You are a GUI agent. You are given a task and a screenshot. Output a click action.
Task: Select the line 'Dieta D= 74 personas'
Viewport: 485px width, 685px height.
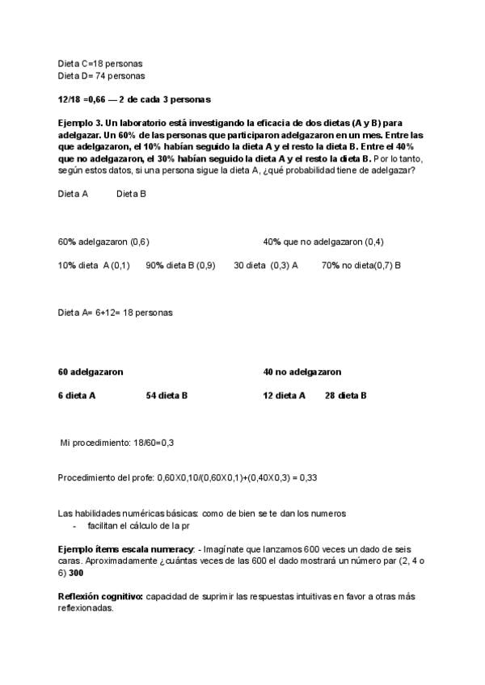102,76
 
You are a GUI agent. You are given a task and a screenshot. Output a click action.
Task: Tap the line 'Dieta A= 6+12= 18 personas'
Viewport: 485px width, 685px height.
116,312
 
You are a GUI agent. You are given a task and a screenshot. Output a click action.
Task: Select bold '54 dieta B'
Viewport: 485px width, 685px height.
167,396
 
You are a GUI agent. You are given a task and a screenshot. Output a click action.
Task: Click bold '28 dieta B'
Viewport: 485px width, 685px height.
345,396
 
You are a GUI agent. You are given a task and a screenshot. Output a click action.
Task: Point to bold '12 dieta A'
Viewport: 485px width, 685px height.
284,396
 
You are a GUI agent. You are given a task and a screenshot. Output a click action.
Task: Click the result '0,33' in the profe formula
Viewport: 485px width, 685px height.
308,477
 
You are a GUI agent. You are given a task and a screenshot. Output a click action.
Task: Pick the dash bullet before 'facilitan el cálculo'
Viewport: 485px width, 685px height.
74,525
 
